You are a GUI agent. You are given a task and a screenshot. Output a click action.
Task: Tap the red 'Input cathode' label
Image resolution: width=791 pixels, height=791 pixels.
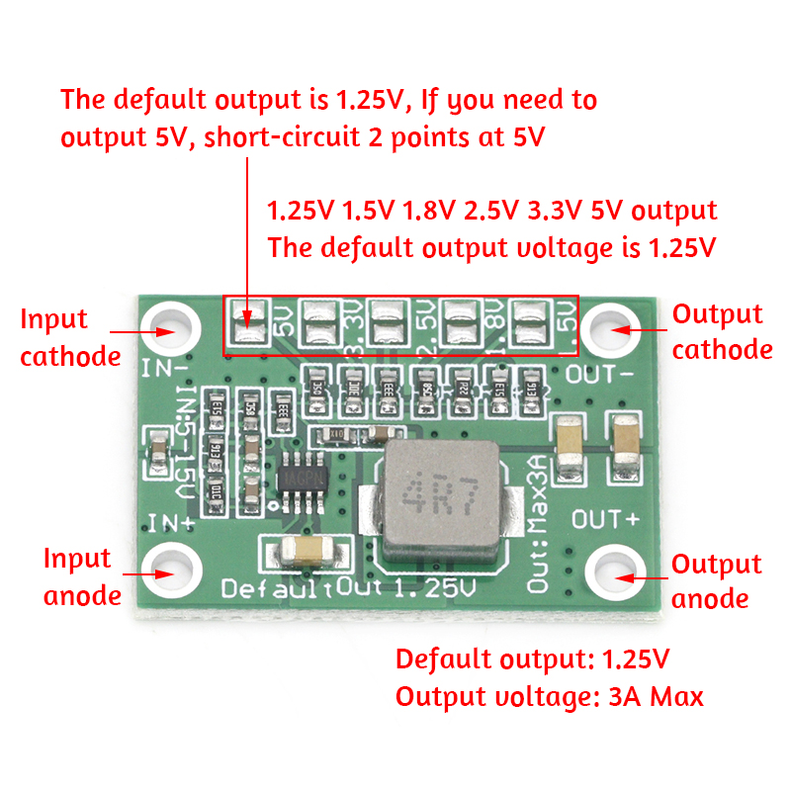click(70, 337)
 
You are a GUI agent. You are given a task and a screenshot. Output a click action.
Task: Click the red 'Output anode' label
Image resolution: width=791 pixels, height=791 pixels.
click(716, 581)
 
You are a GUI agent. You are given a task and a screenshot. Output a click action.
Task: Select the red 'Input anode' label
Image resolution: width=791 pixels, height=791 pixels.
click(82, 576)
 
